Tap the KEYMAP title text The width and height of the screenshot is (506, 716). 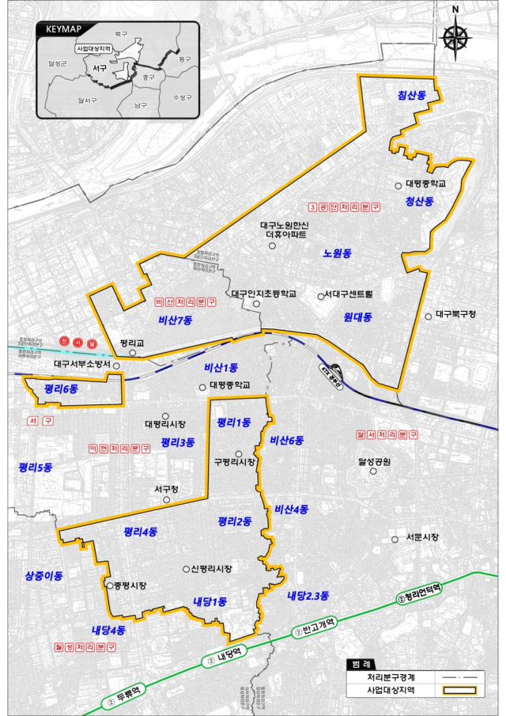(x=62, y=28)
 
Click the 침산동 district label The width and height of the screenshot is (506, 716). (x=412, y=95)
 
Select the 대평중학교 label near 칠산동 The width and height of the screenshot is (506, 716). (x=425, y=184)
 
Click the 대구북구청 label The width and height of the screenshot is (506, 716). (x=456, y=314)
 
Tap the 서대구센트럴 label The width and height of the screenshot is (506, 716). (x=349, y=295)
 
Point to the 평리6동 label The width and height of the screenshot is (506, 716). (x=62, y=388)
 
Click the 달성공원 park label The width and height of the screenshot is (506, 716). (x=376, y=460)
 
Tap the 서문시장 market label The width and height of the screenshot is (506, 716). (x=421, y=538)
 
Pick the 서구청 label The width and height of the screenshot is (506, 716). (x=167, y=490)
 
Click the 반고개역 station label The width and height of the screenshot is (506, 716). (x=319, y=627)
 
